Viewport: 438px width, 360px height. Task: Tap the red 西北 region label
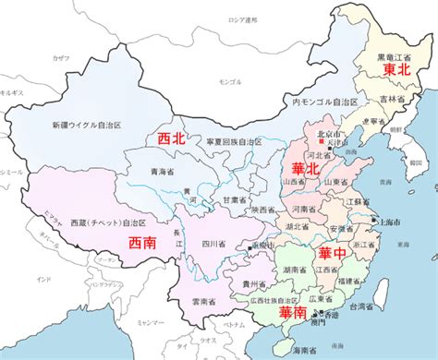(x=173, y=139)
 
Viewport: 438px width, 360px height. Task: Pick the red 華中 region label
(x=334, y=252)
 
